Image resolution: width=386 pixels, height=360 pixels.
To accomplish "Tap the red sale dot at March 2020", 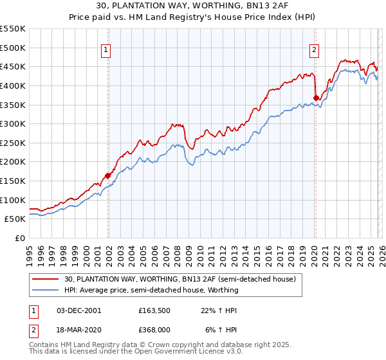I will click(x=316, y=98).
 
